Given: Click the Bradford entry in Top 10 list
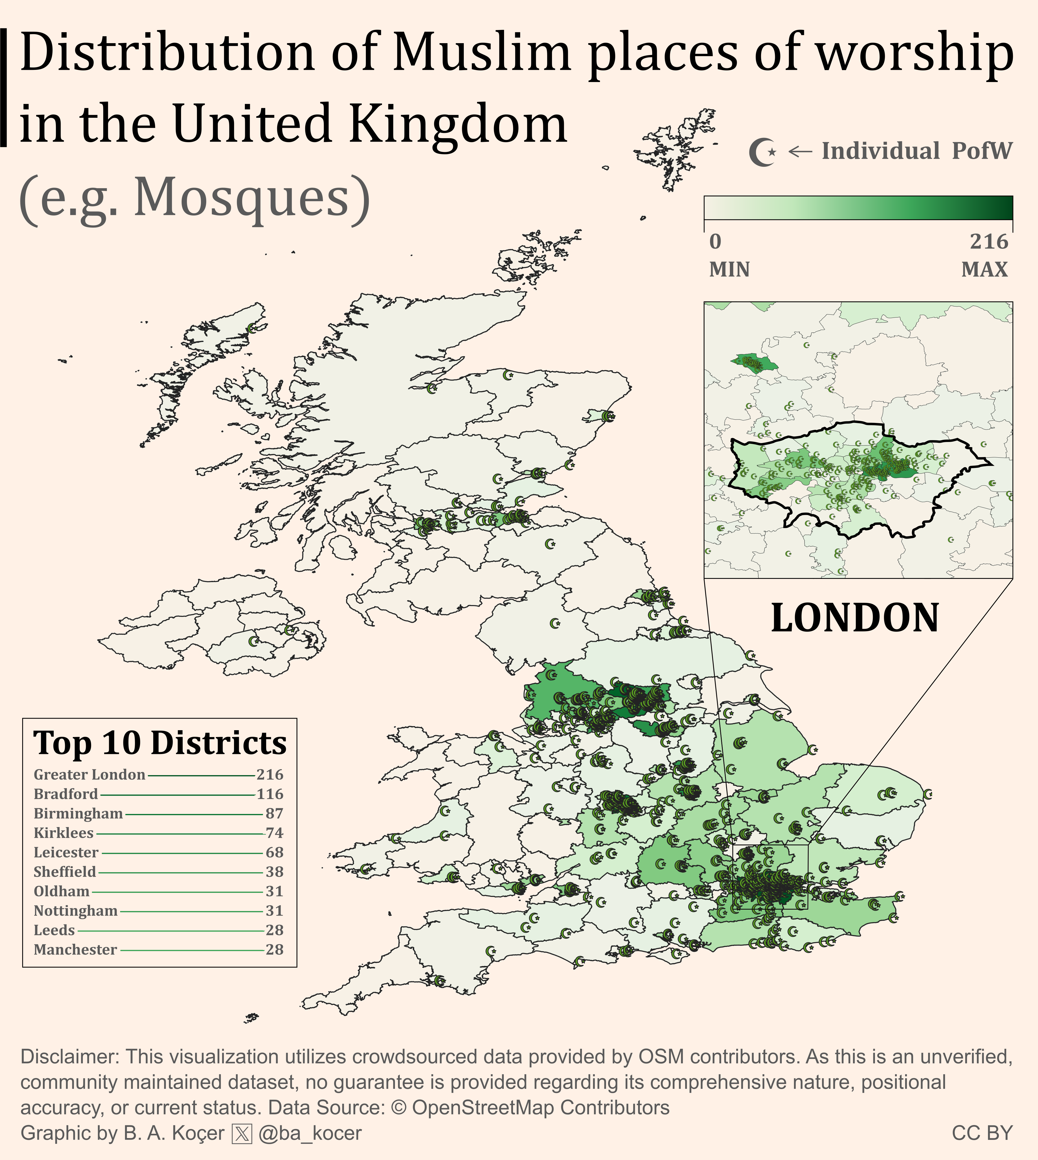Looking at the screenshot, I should point(66,794).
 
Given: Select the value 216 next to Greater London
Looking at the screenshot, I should point(270,775).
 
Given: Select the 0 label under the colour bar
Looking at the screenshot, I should point(715,242).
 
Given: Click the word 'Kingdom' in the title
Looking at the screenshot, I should point(457,123).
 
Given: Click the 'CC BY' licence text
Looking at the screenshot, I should point(982,1133).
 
